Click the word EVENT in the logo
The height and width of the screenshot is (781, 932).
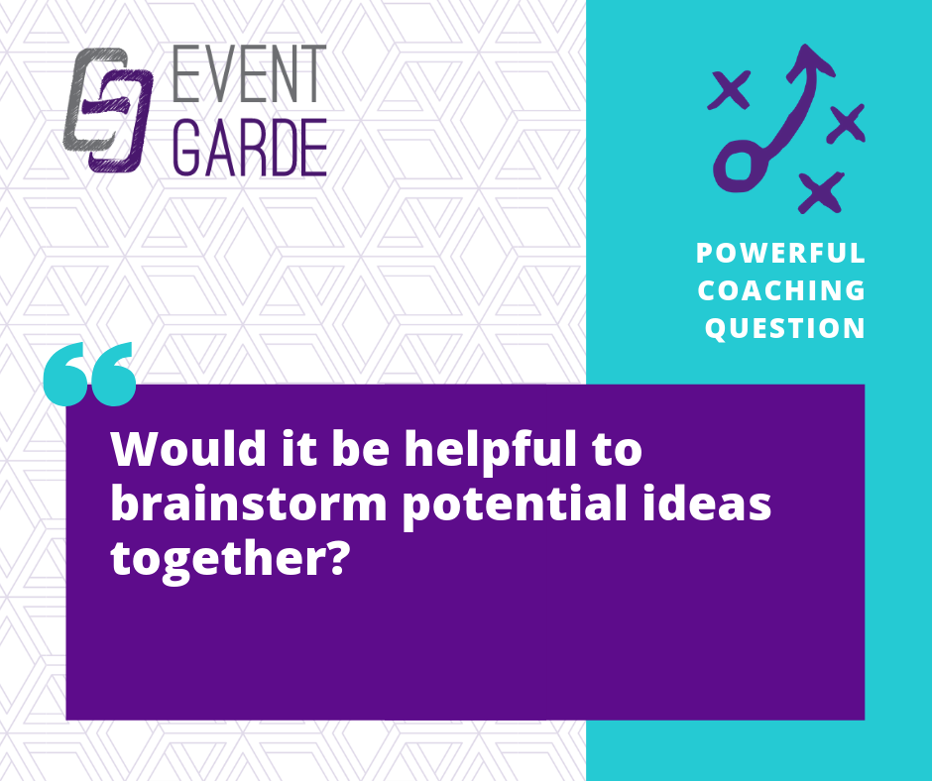coord(250,73)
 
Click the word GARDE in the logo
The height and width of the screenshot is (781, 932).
coord(251,147)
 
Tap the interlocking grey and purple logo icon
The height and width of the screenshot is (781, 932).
coord(108,109)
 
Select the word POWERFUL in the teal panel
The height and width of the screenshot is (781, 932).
coord(780,253)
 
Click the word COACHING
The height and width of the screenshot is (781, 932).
coord(781,290)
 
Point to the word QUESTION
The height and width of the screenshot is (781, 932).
coord(784,329)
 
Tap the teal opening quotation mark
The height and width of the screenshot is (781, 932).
coord(90,374)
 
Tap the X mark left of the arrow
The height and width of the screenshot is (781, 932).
coord(729,90)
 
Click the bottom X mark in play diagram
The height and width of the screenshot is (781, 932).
coord(821,192)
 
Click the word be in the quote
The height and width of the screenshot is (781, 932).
coord(360,449)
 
